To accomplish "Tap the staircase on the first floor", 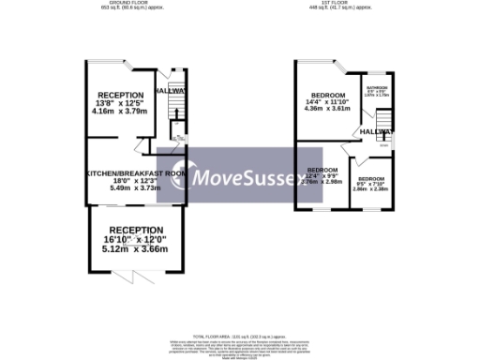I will [x=382, y=120].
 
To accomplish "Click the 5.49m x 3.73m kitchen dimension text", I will [x=136, y=188].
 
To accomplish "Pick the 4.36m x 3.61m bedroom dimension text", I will [x=327, y=109].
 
